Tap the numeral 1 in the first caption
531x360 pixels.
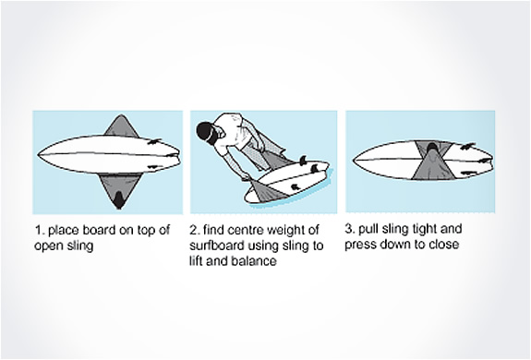pyautogui.click(x=38, y=231)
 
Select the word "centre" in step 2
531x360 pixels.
pyautogui.click(x=241, y=231)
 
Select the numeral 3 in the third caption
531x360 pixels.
pyautogui.click(x=348, y=229)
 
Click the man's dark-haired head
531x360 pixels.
pyautogui.click(x=207, y=133)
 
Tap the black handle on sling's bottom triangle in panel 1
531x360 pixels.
pyautogui.click(x=118, y=200)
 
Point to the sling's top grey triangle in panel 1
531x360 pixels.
pyautogui.click(x=121, y=126)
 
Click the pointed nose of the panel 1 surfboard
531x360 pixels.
pyautogui.click(x=38, y=155)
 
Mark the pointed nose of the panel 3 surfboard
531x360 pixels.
pyautogui.click(x=355, y=160)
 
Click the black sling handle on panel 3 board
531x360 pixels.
pyautogui.click(x=432, y=149)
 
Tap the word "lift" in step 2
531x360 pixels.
pyautogui.click(x=196, y=261)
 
